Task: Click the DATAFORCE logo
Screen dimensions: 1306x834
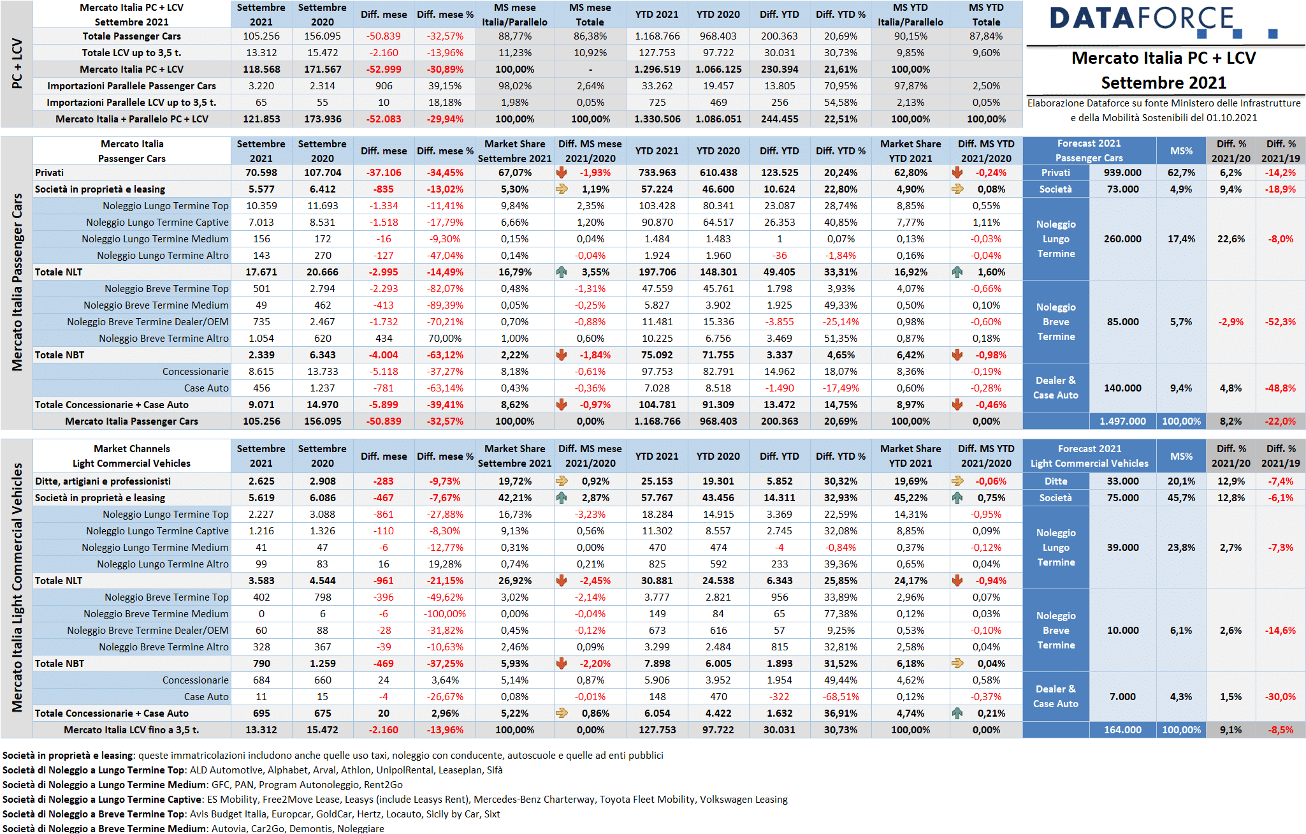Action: tap(1164, 21)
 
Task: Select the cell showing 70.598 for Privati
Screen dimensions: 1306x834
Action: tap(261, 173)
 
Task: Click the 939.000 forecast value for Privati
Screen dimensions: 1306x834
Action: tap(1122, 173)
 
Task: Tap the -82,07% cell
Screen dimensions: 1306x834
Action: tap(445, 289)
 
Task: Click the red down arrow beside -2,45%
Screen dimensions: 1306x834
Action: tap(562, 581)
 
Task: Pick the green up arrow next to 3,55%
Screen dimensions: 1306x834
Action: tap(562, 272)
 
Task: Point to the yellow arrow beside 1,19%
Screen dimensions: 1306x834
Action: tap(562, 189)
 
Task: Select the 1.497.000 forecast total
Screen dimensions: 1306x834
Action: tap(1122, 421)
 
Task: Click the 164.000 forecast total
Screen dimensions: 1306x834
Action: tap(1122, 730)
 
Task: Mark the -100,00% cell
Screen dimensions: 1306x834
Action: tap(445, 614)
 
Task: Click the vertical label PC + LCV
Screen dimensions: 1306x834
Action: tap(17, 64)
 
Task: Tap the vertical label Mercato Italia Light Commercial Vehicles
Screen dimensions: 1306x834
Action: tap(17, 587)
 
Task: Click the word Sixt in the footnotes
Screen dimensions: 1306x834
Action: tap(492, 814)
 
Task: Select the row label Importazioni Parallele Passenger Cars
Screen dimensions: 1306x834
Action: tap(132, 86)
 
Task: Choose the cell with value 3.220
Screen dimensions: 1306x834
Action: tap(261, 86)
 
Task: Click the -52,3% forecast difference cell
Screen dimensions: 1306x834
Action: tap(1281, 322)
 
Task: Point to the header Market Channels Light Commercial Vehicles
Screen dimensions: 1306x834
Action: tap(132, 456)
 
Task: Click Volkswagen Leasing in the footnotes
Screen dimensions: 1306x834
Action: tap(744, 800)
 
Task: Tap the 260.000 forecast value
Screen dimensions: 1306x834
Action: tap(1122, 239)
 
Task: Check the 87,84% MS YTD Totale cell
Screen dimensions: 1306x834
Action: tap(986, 36)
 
